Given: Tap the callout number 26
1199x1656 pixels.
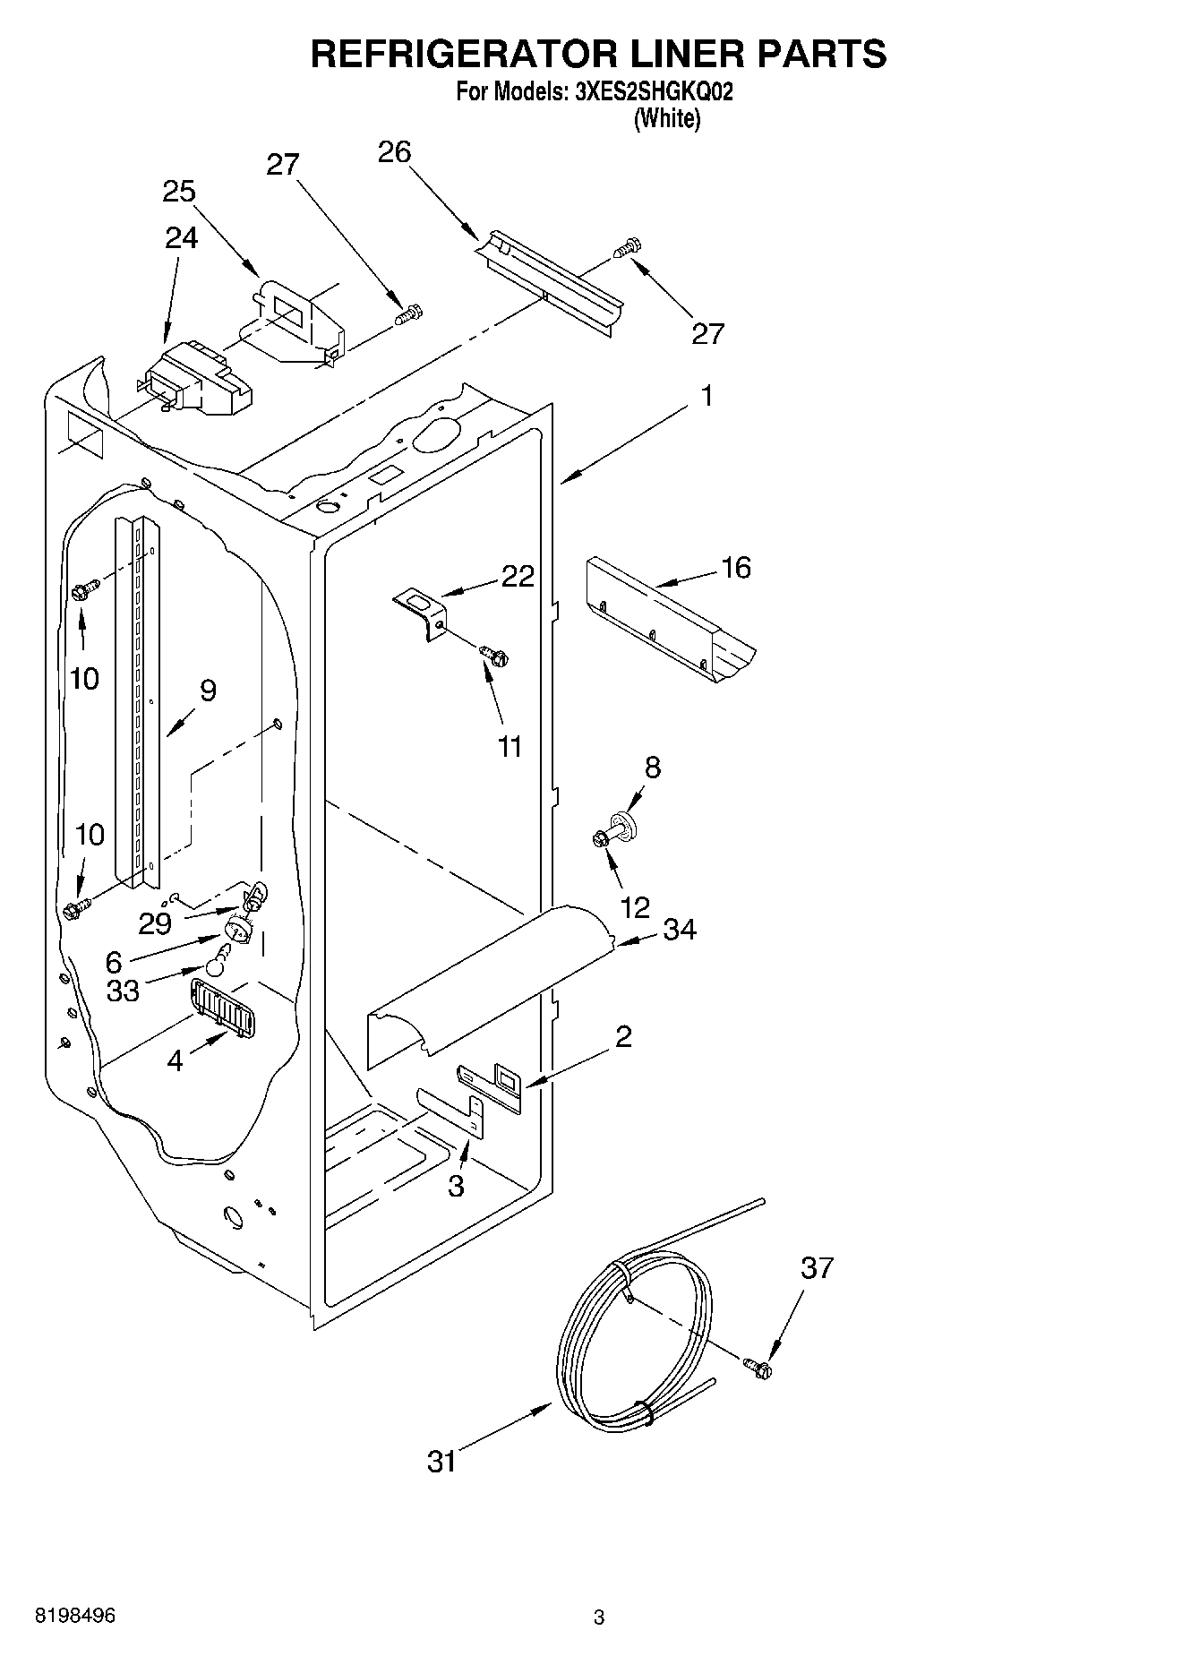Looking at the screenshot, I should (x=394, y=152).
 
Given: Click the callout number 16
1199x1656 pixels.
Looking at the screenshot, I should (x=736, y=567).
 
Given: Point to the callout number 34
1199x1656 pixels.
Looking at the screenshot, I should (x=680, y=930).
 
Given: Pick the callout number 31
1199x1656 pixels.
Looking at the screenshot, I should (x=442, y=1462).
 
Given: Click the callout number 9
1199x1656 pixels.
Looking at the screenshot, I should (x=208, y=691).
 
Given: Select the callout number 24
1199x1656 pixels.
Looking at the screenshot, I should (x=182, y=237).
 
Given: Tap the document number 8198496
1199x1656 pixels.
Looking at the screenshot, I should (x=76, y=1616).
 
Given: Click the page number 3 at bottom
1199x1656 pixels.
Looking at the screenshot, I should (x=599, y=1617).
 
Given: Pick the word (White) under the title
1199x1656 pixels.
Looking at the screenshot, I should (x=667, y=118).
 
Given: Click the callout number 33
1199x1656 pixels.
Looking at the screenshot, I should (x=124, y=991).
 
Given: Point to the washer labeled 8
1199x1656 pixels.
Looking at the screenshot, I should (x=621, y=823).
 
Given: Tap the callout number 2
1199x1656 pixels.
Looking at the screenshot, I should (x=624, y=1036).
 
